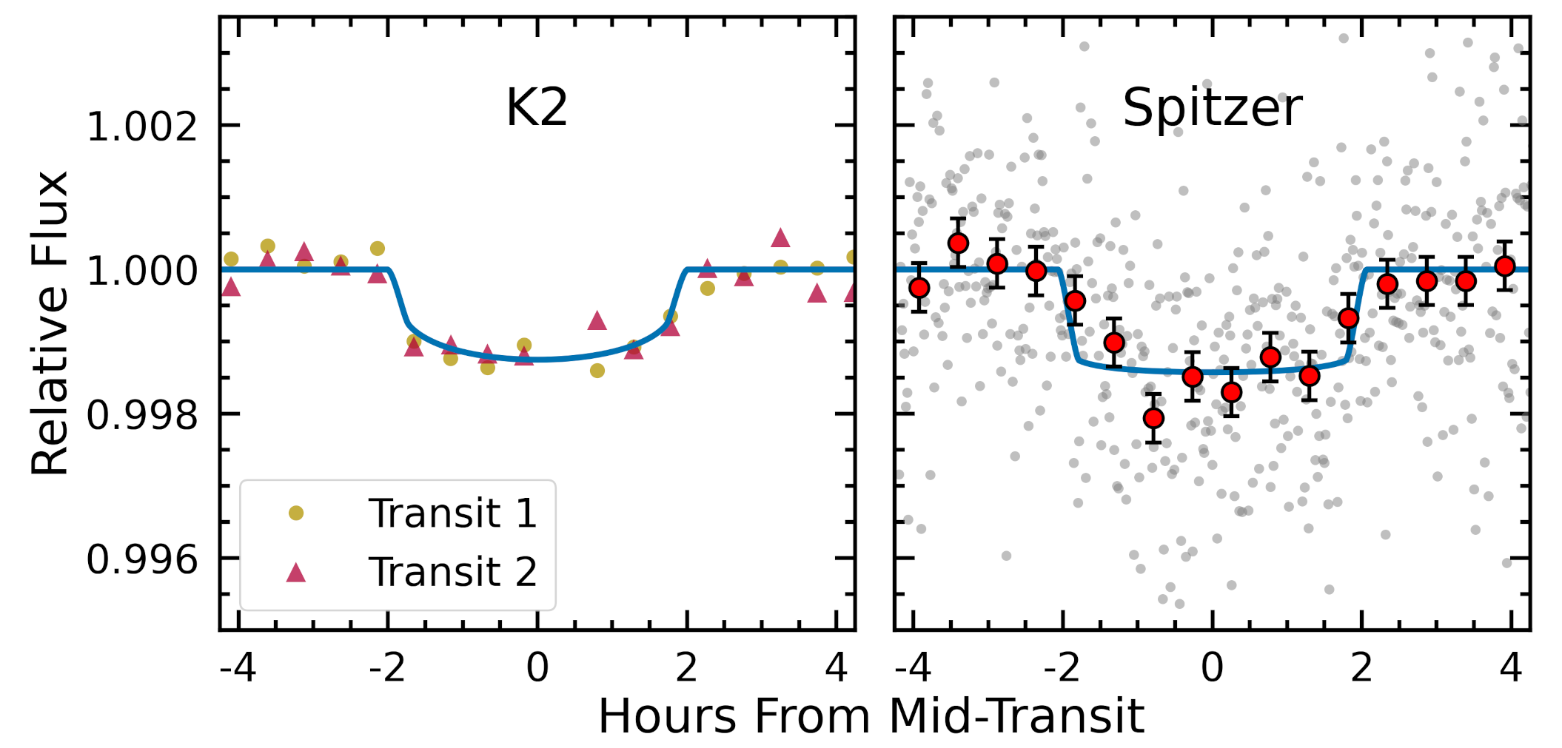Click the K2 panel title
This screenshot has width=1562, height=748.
coord(537,108)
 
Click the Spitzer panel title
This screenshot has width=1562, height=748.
coord(1212,108)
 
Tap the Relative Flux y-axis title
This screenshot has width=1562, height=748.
coord(50,323)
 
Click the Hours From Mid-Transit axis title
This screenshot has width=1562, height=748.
coord(871,716)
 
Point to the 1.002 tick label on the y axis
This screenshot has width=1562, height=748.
coord(142,127)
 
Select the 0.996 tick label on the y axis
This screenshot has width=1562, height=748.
coord(142,559)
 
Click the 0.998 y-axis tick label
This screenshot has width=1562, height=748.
coord(142,415)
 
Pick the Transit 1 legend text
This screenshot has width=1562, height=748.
coord(452,513)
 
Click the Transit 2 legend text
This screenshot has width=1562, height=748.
coord(452,572)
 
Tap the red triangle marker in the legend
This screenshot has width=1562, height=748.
coord(296,573)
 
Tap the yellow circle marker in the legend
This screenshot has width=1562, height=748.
coord(296,513)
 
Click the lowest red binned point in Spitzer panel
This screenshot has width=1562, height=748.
coord(1153,419)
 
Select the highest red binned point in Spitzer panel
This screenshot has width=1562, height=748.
coord(958,243)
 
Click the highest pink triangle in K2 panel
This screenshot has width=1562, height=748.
coord(780,238)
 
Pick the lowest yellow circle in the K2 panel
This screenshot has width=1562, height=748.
coord(597,371)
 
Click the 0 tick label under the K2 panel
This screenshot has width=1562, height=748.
coord(537,668)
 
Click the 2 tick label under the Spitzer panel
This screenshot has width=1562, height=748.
coord(1361,668)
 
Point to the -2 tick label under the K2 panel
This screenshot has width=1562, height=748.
coord(387,668)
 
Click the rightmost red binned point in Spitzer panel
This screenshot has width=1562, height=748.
coord(1504,266)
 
